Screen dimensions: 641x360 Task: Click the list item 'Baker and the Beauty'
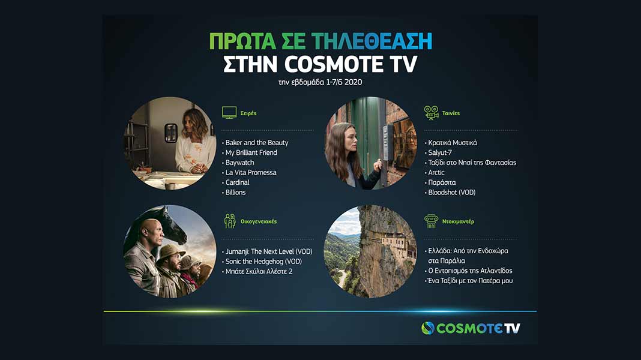click(257, 143)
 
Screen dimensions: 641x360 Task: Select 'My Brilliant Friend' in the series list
click(251, 152)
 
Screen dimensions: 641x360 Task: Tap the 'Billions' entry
click(235, 193)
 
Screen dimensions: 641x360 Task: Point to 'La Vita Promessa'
click(251, 172)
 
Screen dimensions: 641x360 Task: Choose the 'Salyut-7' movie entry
click(440, 152)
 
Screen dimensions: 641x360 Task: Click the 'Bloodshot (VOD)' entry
click(452, 193)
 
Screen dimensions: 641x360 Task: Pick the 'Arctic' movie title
click(436, 172)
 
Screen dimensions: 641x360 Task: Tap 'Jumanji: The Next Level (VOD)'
click(269, 251)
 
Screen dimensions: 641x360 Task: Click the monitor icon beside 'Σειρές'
click(229, 112)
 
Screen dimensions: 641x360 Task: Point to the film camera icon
click(431, 112)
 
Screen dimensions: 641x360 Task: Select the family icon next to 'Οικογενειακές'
click(230, 221)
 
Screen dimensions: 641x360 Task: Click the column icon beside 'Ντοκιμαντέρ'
click(431, 221)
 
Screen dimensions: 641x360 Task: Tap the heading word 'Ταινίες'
click(451, 113)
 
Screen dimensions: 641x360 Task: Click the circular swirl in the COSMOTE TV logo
click(427, 328)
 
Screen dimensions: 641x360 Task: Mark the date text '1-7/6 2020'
click(344, 82)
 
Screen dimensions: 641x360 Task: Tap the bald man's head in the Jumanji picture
click(152, 232)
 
